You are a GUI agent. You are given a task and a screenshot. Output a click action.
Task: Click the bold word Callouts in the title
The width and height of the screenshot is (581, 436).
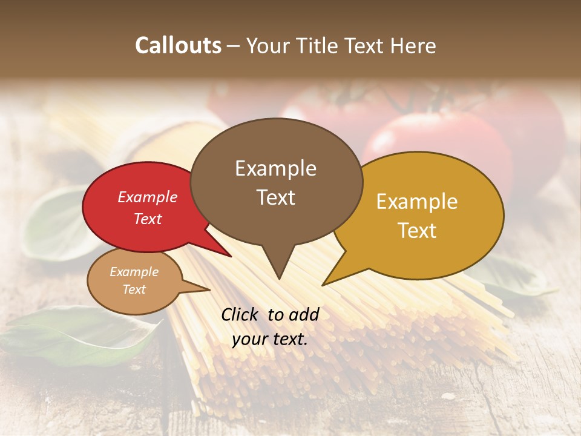click(x=178, y=46)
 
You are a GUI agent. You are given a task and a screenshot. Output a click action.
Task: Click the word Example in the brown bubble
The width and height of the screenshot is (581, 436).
click(x=275, y=168)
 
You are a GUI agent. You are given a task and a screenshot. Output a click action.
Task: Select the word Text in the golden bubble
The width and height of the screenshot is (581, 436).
click(x=417, y=231)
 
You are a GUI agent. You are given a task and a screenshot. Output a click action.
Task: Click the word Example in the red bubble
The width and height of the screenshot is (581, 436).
click(x=148, y=197)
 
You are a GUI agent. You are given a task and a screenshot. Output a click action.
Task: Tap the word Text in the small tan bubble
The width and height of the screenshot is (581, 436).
click(x=134, y=289)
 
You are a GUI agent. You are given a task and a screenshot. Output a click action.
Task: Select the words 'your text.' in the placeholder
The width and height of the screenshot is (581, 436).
click(x=270, y=339)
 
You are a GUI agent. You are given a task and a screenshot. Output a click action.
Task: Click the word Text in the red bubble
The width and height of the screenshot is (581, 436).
click(x=148, y=219)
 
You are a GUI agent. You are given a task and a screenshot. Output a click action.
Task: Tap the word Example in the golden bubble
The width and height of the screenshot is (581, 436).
click(x=417, y=202)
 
